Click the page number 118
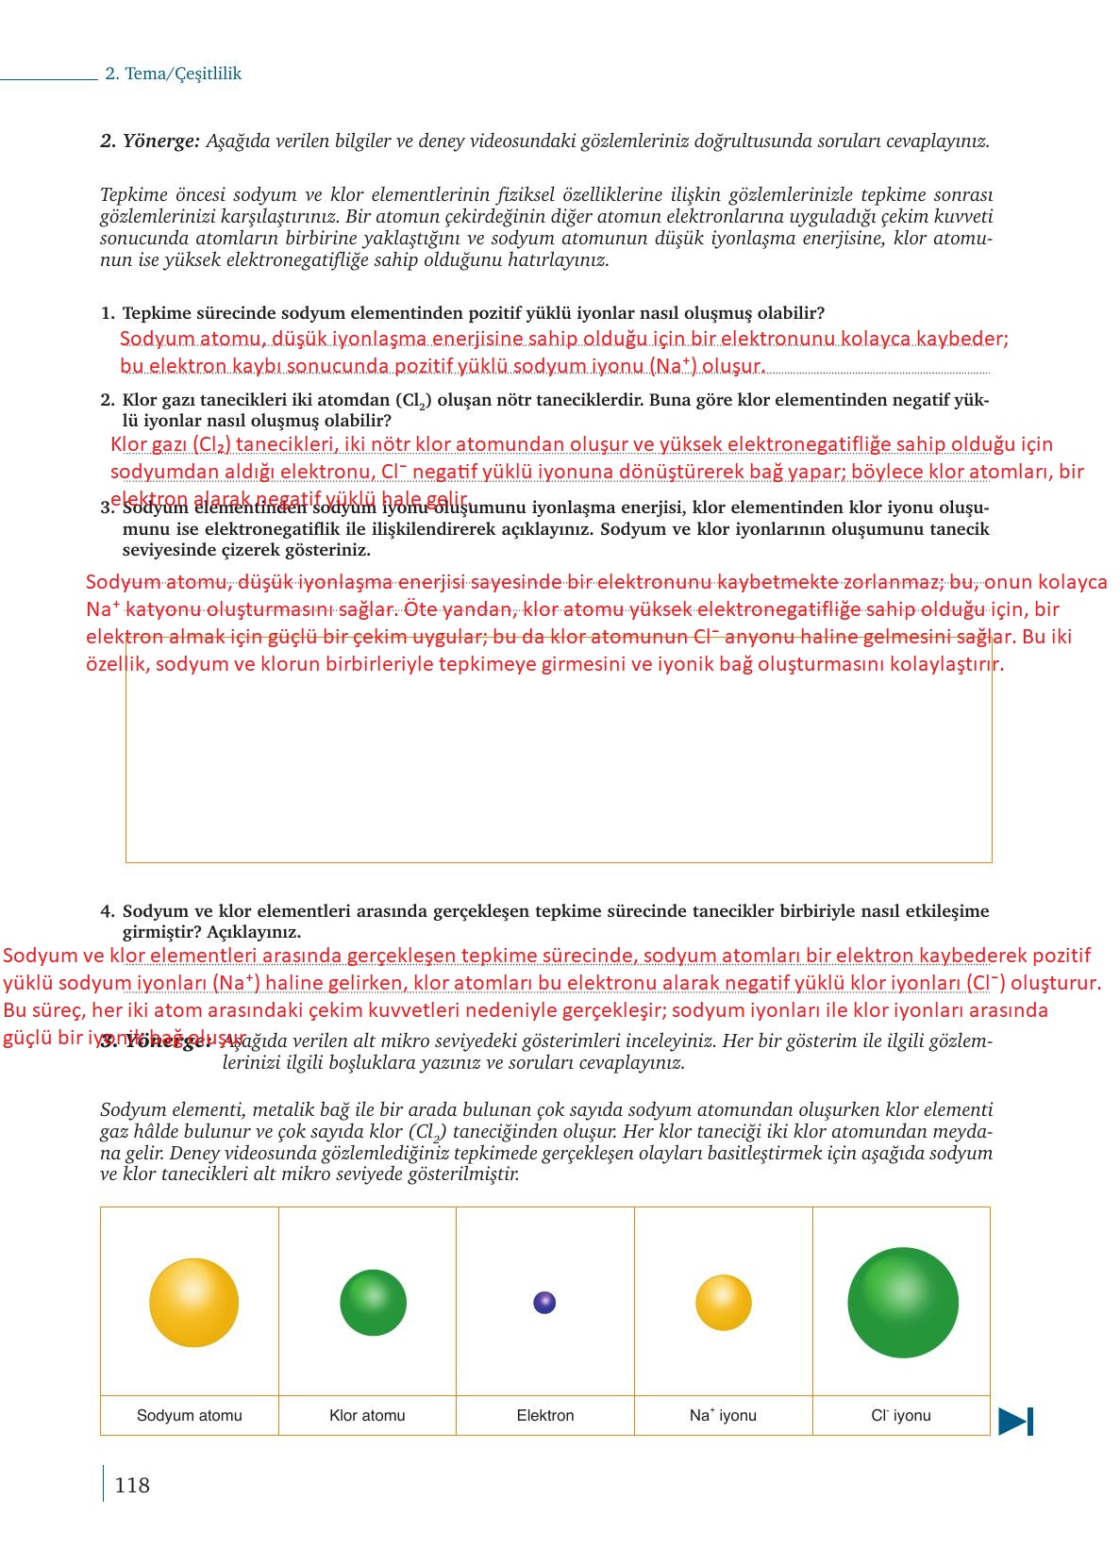click(x=131, y=1485)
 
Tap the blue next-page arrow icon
click(x=1015, y=1421)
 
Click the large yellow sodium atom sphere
click(x=193, y=1303)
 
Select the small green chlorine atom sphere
click(x=373, y=1303)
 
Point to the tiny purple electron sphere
click(x=544, y=1303)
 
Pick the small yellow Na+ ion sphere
click(x=723, y=1303)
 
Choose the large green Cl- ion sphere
click(x=902, y=1303)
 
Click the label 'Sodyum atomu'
click(x=189, y=1415)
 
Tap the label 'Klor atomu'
click(x=367, y=1415)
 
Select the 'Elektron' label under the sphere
click(x=544, y=1415)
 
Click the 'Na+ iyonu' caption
click(x=723, y=1415)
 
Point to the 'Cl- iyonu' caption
click(x=900, y=1415)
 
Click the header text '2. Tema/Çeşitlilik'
click(x=173, y=74)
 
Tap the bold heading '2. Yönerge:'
click(x=150, y=142)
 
